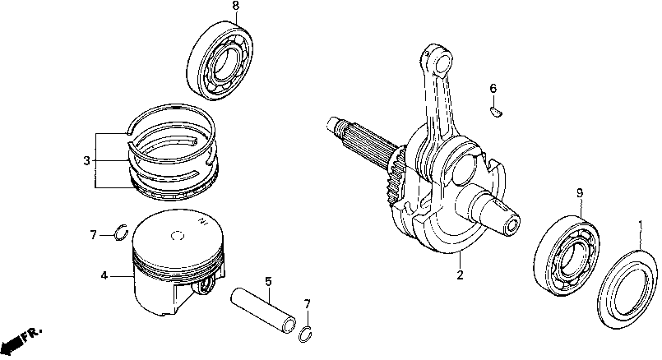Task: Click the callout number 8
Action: [213, 7]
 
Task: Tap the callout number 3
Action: [86, 160]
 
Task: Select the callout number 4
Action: [104, 276]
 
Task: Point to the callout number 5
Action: [268, 282]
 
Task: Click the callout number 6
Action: [493, 88]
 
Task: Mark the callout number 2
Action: [460, 275]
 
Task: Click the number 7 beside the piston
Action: [92, 236]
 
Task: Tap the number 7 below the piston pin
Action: [308, 304]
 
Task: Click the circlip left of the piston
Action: [119, 233]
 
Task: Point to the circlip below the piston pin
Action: [307, 333]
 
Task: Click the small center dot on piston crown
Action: [174, 238]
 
